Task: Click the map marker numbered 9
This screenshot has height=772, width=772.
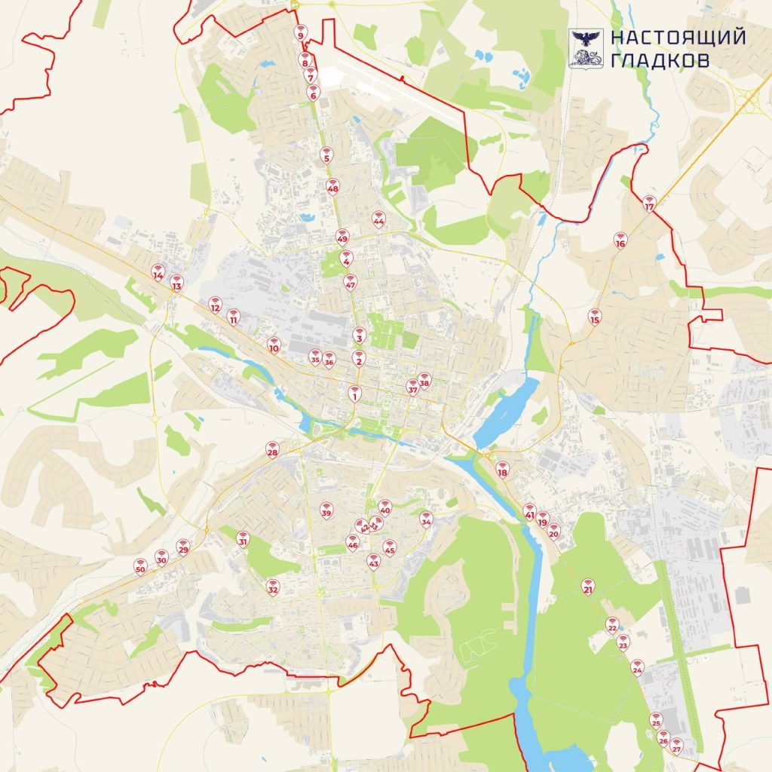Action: click(x=300, y=33)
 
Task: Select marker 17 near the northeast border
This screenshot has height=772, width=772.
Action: click(x=650, y=204)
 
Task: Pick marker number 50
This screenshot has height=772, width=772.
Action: click(x=139, y=566)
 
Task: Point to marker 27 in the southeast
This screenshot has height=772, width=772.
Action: click(x=676, y=746)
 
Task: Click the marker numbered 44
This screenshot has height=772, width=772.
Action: click(x=378, y=219)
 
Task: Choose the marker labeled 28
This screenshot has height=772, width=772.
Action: click(x=272, y=450)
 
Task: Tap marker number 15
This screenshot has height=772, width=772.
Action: click(x=595, y=317)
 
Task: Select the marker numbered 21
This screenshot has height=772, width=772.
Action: click(x=588, y=586)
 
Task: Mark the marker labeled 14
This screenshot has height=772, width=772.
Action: click(x=158, y=272)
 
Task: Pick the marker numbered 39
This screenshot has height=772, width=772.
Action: click(x=326, y=510)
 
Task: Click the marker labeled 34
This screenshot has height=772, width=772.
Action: click(x=426, y=519)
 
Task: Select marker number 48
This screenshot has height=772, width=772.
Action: click(x=332, y=186)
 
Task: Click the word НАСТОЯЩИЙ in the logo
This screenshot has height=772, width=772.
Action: click(x=678, y=37)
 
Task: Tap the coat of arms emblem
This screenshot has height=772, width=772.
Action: click(x=586, y=48)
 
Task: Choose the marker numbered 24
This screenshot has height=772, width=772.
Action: click(x=637, y=667)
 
